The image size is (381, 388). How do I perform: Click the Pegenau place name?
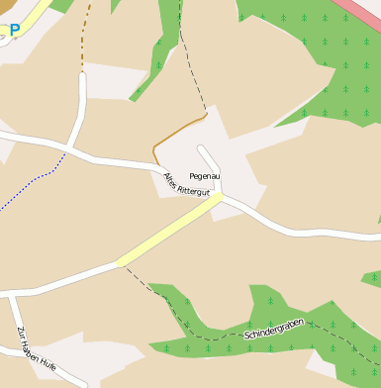[205, 175]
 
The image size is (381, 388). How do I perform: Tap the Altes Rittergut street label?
[187, 185]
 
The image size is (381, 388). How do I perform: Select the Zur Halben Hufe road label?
[35, 352]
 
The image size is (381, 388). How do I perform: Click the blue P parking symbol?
[14, 30]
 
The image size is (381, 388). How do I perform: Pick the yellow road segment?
[169, 230]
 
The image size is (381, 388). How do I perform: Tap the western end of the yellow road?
[121, 262]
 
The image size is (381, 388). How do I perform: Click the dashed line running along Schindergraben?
[213, 338]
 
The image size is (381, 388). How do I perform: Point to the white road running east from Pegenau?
[297, 232]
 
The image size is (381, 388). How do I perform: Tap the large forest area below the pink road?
[317, 59]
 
